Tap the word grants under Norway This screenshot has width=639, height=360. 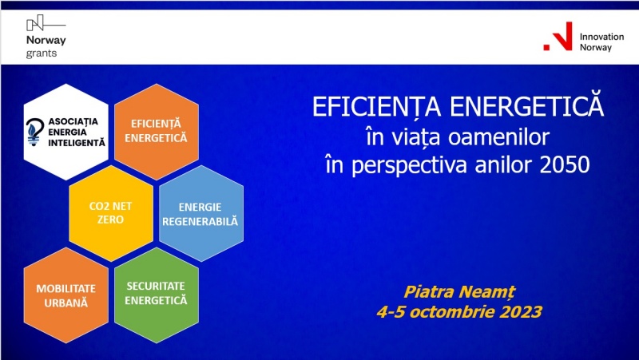pos(42,53)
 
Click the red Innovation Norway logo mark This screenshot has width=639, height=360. pos(558,36)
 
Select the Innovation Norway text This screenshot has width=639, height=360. pos(601,42)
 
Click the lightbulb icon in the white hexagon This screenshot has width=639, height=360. pos(34,131)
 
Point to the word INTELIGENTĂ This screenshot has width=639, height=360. pos(77,143)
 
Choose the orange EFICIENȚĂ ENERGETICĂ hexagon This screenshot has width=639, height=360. pos(157,132)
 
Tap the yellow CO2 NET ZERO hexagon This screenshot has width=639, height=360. pos(111,213)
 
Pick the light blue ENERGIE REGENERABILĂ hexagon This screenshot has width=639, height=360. pos(201,213)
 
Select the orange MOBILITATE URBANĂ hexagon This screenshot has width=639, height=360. pos(66,295)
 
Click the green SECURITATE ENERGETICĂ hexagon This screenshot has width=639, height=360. pos(157,295)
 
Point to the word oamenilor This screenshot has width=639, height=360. pos(498,137)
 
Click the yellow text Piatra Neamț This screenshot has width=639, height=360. pos(459,292)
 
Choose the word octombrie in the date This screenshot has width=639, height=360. pos(452,312)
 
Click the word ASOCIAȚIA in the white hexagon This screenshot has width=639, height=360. pos(73,121)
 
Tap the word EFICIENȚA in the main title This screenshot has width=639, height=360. pos(377,107)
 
